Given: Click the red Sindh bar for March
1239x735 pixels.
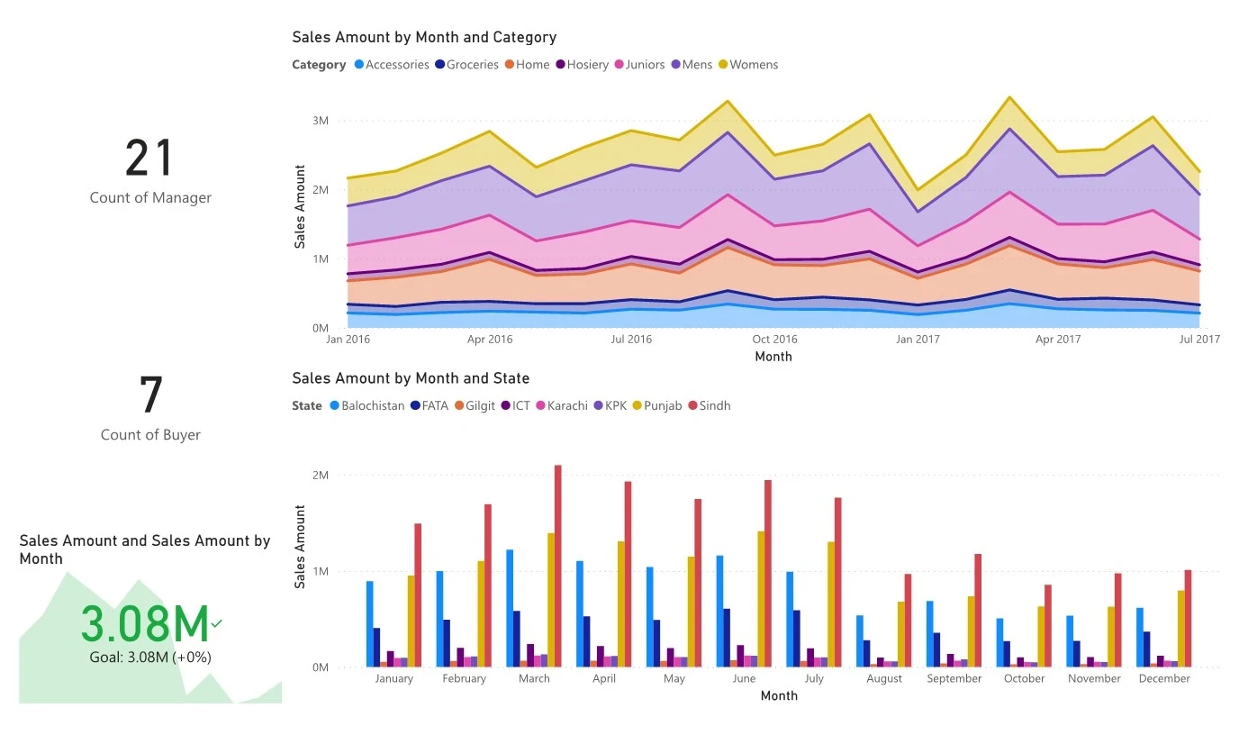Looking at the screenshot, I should click(557, 567).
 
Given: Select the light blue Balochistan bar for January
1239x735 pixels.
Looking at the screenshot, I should click(369, 624).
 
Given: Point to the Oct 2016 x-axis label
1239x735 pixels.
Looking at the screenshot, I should click(774, 340).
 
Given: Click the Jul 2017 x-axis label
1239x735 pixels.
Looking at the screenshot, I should click(1198, 340).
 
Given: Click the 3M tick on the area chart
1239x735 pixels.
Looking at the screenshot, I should click(320, 121).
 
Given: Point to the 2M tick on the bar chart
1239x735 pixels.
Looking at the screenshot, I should click(320, 476).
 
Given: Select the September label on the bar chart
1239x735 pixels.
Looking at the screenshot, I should click(954, 679).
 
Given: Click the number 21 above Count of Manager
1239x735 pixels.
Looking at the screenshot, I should click(149, 159).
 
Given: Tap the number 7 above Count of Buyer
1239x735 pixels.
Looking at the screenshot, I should click(150, 395).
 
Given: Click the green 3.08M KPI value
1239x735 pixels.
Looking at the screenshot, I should click(145, 624).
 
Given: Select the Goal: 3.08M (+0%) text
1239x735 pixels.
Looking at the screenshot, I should click(150, 658).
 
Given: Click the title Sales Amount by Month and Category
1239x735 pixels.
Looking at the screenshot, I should click(424, 38).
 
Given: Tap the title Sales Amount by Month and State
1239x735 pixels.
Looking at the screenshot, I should click(411, 379).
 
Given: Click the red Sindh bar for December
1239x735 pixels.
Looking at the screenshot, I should click(1188, 619).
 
